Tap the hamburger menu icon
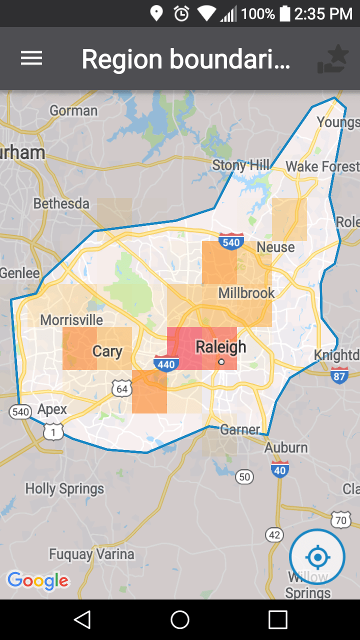click(x=31, y=58)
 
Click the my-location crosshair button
click(x=317, y=556)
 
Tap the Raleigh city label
click(x=220, y=347)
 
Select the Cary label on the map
click(x=107, y=351)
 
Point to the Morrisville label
click(x=71, y=320)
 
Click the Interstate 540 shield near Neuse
click(x=231, y=241)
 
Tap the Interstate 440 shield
click(x=166, y=363)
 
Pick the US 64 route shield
click(x=122, y=388)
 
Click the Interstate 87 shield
click(x=339, y=375)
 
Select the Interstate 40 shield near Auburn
click(x=280, y=469)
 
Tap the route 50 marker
click(x=244, y=477)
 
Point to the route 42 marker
click(x=274, y=535)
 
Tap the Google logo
click(x=38, y=581)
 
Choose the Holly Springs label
click(x=64, y=488)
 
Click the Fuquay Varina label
click(x=91, y=554)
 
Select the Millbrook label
click(x=246, y=293)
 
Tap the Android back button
click(x=82, y=620)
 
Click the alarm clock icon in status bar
click(x=181, y=13)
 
